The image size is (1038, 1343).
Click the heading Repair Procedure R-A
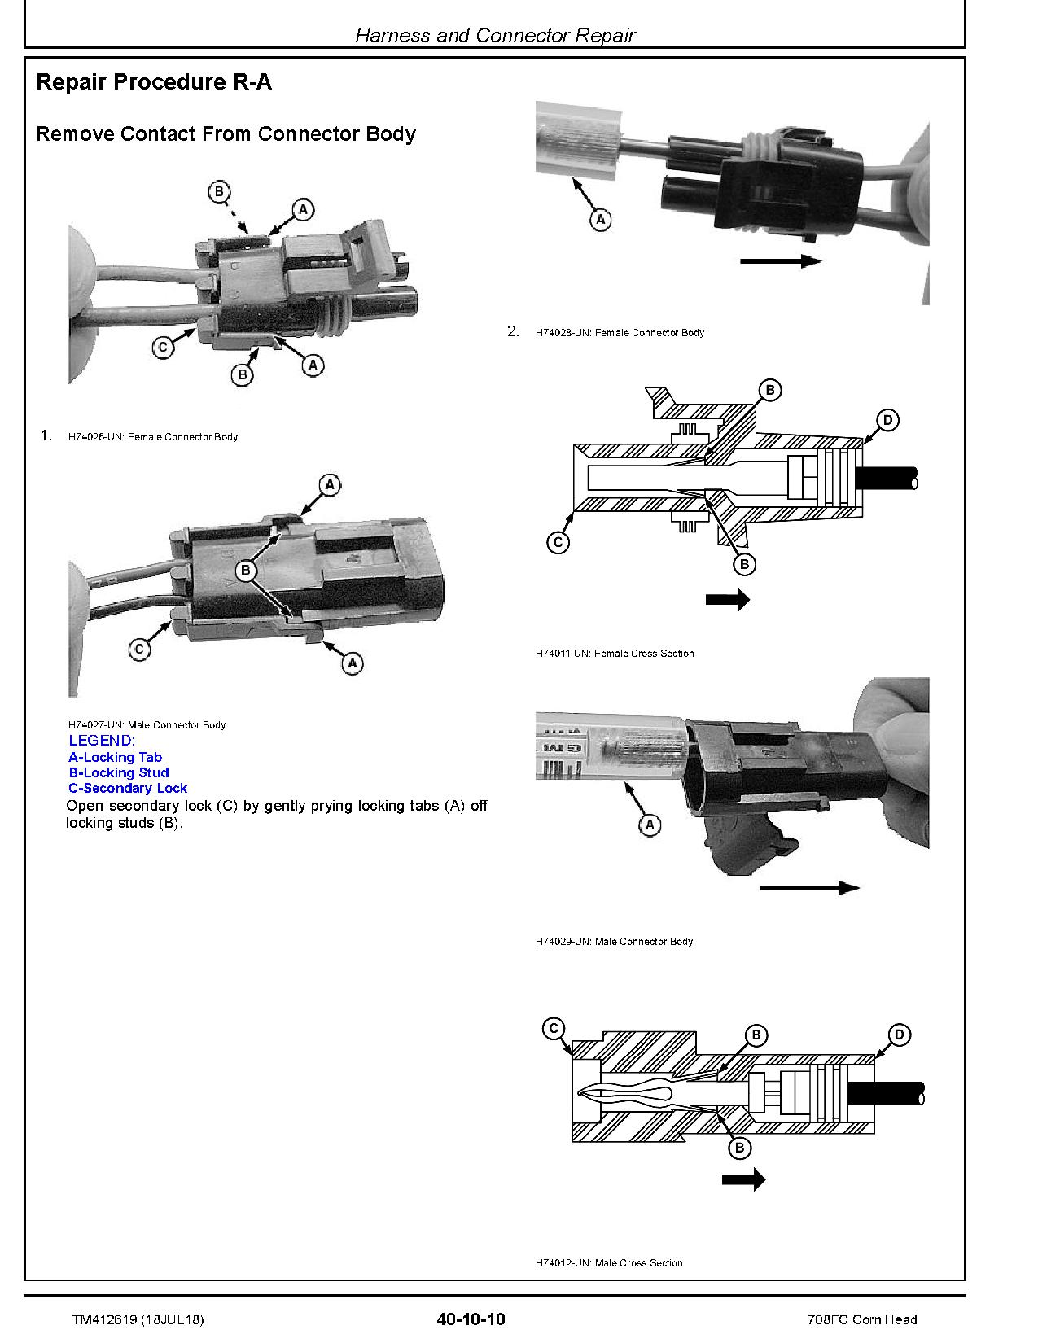154,82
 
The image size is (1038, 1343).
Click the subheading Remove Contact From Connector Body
226,134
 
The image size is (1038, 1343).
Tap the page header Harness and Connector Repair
495,35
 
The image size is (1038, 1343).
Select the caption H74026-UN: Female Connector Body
153,437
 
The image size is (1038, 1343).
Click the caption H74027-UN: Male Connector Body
147,724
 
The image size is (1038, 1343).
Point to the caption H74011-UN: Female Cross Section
615,654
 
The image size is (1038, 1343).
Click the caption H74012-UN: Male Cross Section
609,1263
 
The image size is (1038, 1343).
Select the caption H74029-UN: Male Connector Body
614,942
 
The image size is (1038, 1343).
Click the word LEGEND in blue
102,741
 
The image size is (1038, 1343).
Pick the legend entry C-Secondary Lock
128,789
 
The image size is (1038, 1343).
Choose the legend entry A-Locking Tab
115,757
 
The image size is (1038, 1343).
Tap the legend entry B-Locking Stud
119,773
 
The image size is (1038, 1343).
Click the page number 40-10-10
471,1319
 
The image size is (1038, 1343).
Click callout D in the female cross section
888,420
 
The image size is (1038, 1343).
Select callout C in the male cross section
554,1029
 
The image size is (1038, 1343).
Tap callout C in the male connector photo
140,650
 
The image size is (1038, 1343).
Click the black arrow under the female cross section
726,600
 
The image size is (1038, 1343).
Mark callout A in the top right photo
600,219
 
